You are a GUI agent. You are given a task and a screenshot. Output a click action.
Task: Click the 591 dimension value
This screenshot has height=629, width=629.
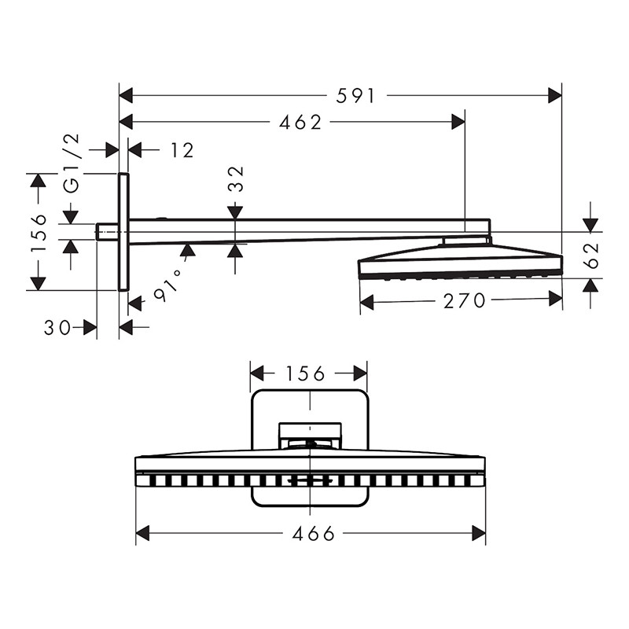pos(356,96)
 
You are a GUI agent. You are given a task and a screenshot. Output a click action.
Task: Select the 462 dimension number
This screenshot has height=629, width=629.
pos(301,122)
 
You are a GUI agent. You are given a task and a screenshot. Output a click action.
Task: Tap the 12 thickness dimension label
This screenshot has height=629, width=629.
pos(182,149)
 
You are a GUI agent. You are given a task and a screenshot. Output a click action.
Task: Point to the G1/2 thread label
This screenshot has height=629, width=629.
pos(72,163)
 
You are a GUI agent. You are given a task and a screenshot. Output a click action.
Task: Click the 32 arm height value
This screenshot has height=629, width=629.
pos(235,179)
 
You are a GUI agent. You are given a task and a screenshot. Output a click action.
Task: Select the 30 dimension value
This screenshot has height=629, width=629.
pos(57,327)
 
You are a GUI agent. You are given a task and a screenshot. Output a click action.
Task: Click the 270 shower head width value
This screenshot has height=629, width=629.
pos(464,300)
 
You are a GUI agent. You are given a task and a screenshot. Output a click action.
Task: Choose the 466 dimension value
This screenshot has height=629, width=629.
pos(314,534)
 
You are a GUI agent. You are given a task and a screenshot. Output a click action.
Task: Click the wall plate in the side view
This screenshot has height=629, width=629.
pos(123,232)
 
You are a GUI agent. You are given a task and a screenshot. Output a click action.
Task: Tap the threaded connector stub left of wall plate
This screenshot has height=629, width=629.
pos(108,231)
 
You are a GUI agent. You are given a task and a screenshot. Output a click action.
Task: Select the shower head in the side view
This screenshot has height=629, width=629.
pos(460,262)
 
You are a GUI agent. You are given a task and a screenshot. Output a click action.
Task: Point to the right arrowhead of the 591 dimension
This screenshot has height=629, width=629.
pos(555,96)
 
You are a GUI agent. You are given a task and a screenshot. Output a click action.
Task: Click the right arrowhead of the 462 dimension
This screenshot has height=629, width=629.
pos(458,122)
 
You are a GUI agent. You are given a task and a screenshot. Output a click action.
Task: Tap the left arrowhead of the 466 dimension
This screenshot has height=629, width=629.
pos(142,534)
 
